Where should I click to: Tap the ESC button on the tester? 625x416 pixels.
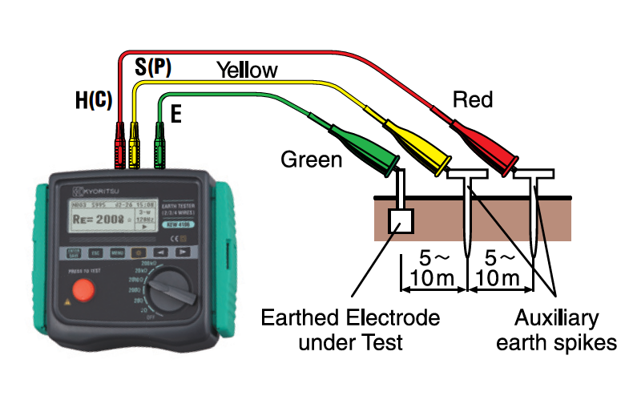coord(95,253)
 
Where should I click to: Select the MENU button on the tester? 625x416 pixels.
coord(117,253)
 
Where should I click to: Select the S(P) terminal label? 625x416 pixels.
coord(151,67)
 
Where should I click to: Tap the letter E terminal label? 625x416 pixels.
coord(176,113)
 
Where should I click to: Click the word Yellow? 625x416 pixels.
coord(247,71)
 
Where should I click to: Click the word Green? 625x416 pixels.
coord(311,160)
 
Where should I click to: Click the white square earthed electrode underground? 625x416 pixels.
coord(400,220)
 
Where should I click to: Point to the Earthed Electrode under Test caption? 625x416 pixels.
coord(350,330)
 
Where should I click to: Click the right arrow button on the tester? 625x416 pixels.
coord(183,252)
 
